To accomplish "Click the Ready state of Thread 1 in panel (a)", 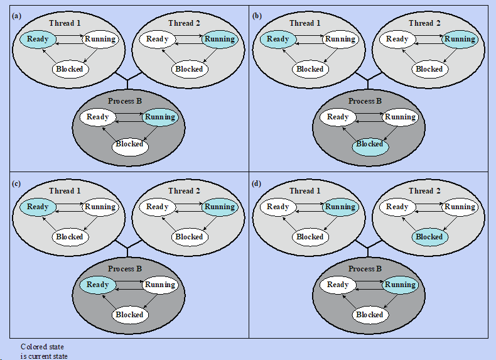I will coord(38,39).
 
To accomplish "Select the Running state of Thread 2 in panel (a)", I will coord(220,39).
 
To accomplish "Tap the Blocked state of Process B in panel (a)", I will coord(129,144).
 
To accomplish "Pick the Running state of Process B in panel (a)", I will coord(159,117).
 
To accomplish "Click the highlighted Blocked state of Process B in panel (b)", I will coord(369,144).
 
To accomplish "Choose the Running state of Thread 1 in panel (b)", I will coord(340,39).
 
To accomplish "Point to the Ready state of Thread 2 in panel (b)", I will coord(397,39).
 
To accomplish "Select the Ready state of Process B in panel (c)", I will coord(98,285).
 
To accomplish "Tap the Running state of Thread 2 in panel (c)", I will coord(220,207).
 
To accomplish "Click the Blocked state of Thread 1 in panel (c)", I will coord(69,237).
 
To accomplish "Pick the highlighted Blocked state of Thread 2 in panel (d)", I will coord(429,237).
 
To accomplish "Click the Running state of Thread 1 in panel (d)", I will coord(340,207).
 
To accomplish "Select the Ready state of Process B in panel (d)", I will coord(338,285).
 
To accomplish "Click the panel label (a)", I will coord(16,15).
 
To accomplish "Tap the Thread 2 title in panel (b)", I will coord(425,23).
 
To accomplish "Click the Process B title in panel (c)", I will coord(126,269).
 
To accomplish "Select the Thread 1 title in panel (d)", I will coord(305,191).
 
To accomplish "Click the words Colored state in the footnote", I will coord(42,347).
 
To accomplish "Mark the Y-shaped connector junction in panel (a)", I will coord(127,80).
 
